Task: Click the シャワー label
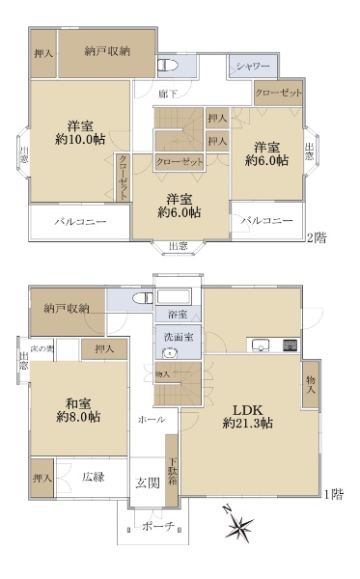[x=254, y=66]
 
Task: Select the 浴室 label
[x=178, y=315]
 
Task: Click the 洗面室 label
[x=178, y=337]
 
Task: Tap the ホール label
[x=152, y=420]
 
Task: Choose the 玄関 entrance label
[x=148, y=483]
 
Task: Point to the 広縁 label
[x=94, y=477]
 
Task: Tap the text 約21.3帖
[x=246, y=424]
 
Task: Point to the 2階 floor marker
[x=316, y=236]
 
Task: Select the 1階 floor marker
[x=335, y=494]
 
